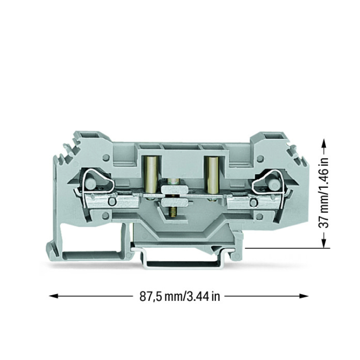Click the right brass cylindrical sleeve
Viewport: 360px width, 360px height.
[212, 175]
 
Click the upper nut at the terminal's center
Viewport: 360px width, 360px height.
[175, 190]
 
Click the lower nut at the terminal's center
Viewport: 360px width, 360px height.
[175, 202]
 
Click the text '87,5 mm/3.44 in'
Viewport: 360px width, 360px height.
[180, 297]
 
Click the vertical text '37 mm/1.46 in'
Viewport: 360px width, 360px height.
[324, 192]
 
